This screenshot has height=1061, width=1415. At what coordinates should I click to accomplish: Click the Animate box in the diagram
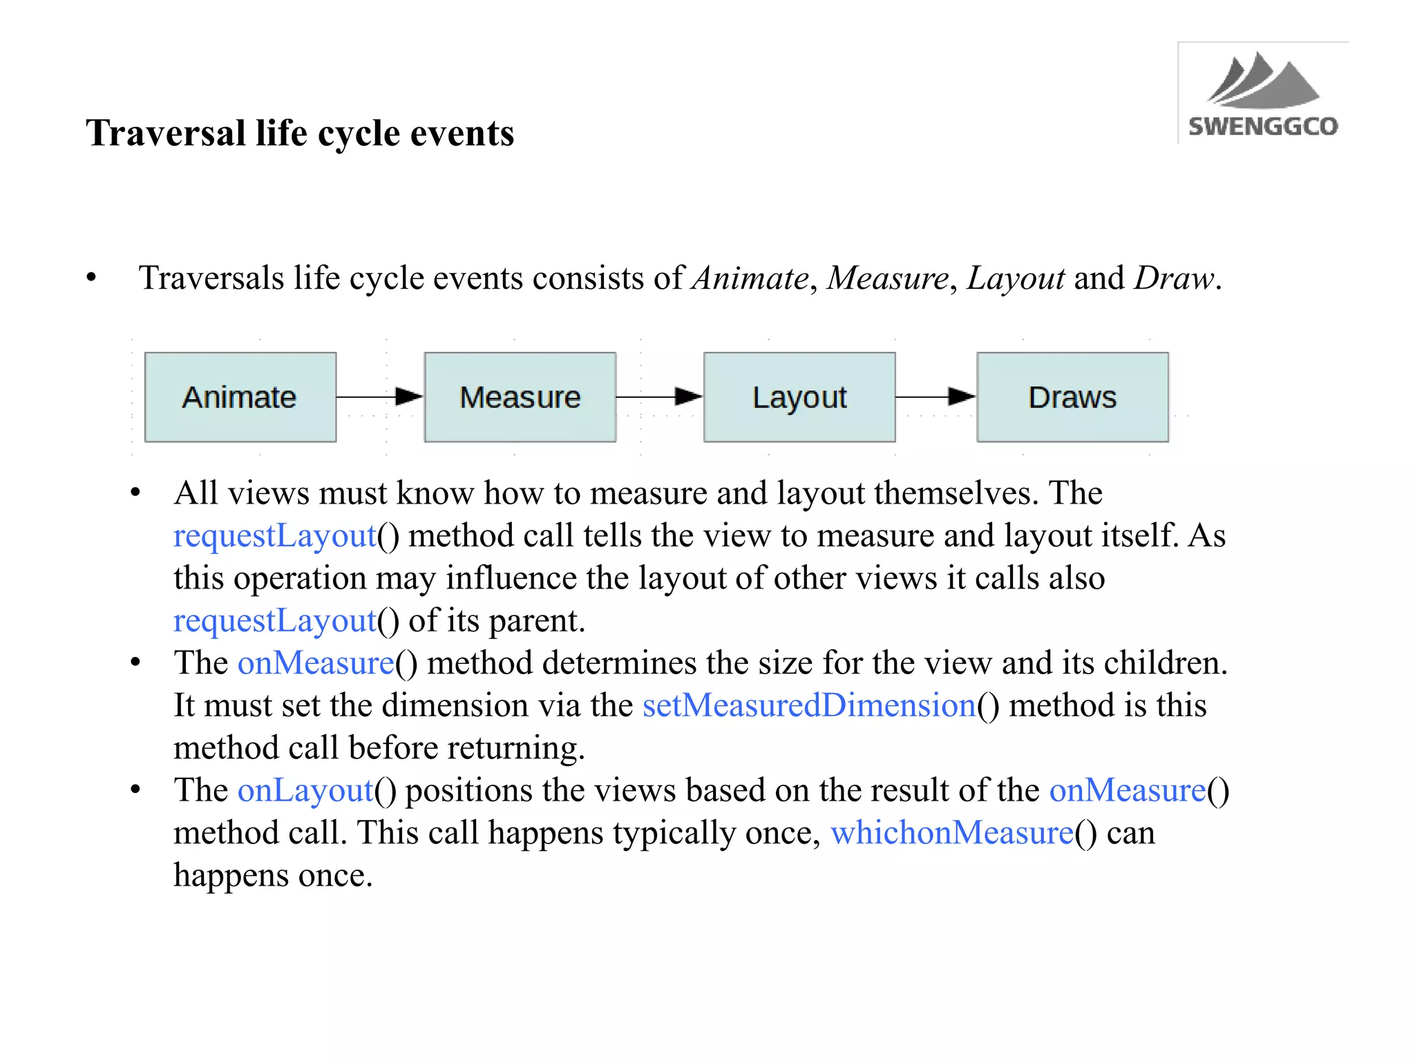click(x=240, y=397)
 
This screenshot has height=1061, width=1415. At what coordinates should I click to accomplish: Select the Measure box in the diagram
click(x=520, y=397)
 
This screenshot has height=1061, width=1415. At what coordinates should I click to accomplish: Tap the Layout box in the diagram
click(x=799, y=397)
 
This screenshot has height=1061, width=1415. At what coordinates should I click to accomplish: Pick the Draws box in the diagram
click(x=1072, y=397)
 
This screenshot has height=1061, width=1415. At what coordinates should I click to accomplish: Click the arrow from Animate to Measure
click(x=379, y=396)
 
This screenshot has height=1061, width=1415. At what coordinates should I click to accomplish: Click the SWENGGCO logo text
click(x=1262, y=126)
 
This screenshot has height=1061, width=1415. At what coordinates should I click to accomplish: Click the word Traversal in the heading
click(x=166, y=133)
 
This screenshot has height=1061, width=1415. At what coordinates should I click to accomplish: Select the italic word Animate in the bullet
click(x=750, y=278)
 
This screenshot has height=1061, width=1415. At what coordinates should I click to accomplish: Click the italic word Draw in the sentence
click(x=1174, y=278)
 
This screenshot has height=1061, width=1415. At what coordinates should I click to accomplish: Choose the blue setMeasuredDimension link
click(x=808, y=705)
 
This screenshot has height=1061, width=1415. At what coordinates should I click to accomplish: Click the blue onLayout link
click(x=305, y=790)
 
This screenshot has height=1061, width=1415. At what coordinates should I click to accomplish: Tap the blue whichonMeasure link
click(x=951, y=833)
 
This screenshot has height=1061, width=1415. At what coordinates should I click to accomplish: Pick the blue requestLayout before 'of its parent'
click(x=274, y=621)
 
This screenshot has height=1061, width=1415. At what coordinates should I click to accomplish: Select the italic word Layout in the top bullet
click(x=1015, y=278)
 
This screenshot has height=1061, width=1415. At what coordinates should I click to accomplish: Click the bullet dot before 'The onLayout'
click(x=135, y=790)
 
